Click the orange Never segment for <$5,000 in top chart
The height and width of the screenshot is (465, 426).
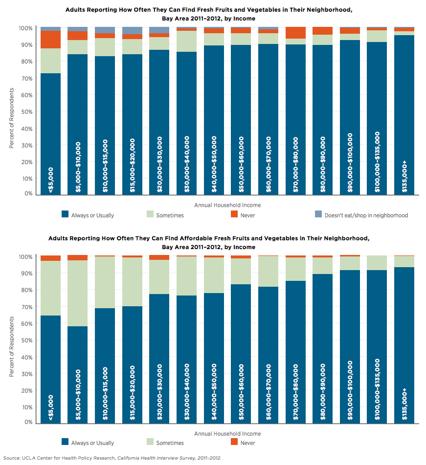[x=51, y=40]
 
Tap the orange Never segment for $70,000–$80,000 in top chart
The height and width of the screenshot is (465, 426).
[x=296, y=33]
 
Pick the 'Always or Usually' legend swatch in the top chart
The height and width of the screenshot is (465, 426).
[x=65, y=214]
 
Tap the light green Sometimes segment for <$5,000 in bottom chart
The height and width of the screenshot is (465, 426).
[x=51, y=288]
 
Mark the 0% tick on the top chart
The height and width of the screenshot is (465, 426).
[x=28, y=194]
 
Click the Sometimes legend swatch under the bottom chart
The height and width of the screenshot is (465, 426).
[x=149, y=443]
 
